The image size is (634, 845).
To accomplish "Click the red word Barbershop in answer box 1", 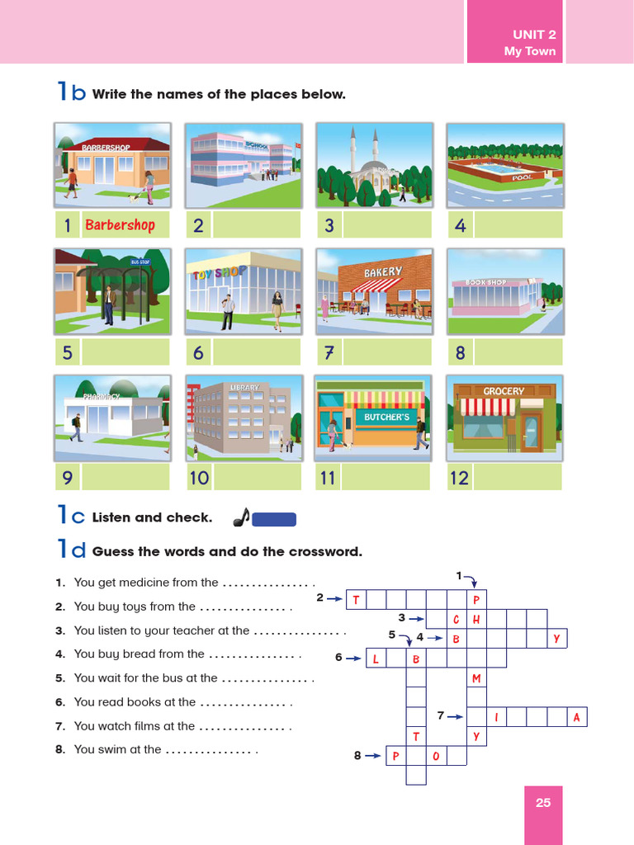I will [x=120, y=224].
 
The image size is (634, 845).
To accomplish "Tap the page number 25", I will [x=542, y=802].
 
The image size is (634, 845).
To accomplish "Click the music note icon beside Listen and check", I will [x=240, y=517].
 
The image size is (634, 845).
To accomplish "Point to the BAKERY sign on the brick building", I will [x=383, y=271].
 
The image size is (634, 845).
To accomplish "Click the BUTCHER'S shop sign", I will [x=386, y=418].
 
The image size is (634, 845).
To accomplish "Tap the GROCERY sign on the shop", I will [x=504, y=391].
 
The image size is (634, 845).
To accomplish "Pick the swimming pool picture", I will [x=504, y=165].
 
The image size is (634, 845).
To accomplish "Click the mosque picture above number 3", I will [x=375, y=165].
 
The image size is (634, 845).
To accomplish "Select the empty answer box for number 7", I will [x=386, y=352].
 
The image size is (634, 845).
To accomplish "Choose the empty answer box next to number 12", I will [x=517, y=477].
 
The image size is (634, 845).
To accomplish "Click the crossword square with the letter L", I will [x=376, y=659].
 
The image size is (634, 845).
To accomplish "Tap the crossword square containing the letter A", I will [x=577, y=718].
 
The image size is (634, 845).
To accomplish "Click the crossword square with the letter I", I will [x=497, y=718].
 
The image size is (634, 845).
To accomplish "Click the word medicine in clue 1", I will [x=173, y=583].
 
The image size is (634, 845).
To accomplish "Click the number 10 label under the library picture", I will [x=199, y=478].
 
